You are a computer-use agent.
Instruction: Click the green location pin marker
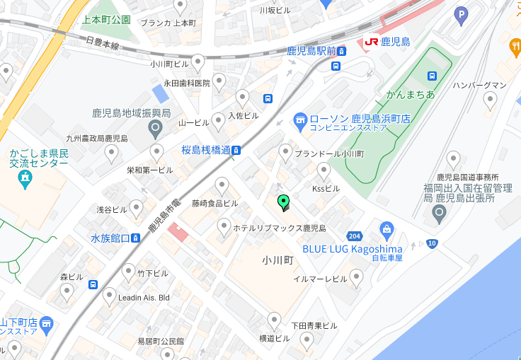click(x=284, y=203)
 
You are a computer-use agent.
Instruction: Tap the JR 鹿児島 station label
click(x=387, y=42)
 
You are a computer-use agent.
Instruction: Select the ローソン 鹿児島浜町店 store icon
click(x=299, y=121)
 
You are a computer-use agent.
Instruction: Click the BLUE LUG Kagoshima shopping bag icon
click(x=387, y=229)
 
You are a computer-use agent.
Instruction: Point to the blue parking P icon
click(x=462, y=13)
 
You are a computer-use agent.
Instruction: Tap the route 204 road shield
click(x=355, y=236)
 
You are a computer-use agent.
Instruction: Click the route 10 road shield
click(x=432, y=244)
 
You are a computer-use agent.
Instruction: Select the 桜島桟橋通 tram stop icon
click(x=237, y=150)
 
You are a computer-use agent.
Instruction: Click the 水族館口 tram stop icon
click(x=135, y=238)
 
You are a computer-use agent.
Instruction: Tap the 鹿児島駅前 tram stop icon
click(x=342, y=51)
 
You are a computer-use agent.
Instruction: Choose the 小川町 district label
click(x=277, y=260)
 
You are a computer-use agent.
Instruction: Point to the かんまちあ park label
click(x=410, y=94)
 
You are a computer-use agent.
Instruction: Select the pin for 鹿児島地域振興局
click(x=156, y=129)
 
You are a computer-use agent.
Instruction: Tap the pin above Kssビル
click(x=324, y=170)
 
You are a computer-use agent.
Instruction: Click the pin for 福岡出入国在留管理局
click(x=439, y=213)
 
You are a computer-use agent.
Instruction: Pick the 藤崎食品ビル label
click(x=215, y=203)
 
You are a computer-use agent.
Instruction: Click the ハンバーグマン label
click(x=479, y=86)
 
